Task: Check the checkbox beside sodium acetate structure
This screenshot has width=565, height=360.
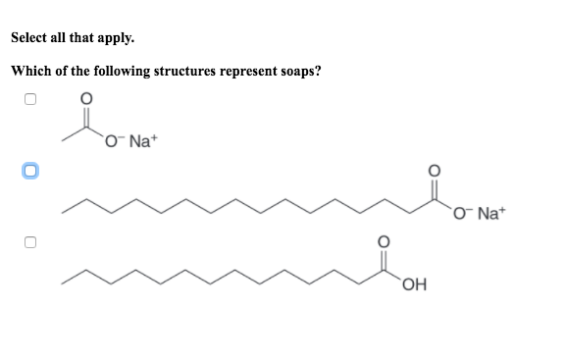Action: pos(30,99)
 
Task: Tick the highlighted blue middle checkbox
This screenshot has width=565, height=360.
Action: pos(30,171)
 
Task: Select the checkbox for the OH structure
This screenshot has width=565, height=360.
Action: pos(30,241)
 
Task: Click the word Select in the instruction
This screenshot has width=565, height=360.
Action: pos(30,39)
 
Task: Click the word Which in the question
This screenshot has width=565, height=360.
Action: pos(30,71)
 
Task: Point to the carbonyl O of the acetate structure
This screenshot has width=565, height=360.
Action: pos(86,99)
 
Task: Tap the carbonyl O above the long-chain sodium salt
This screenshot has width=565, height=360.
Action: pos(432,169)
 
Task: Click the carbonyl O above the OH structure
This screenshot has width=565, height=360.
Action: pos(385,240)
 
